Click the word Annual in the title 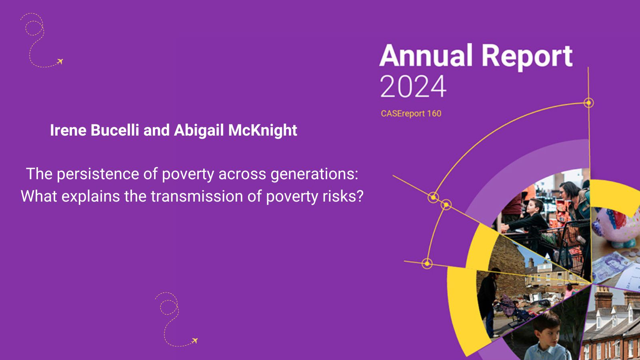426,55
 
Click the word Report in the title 527,57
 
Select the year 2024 413,86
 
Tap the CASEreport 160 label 411,114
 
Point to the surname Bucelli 115,130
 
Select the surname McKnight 262,130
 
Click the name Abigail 199,130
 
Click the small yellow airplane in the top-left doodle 60,62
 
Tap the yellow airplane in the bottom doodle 195,340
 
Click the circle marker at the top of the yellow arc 588,103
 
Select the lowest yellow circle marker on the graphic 427,264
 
